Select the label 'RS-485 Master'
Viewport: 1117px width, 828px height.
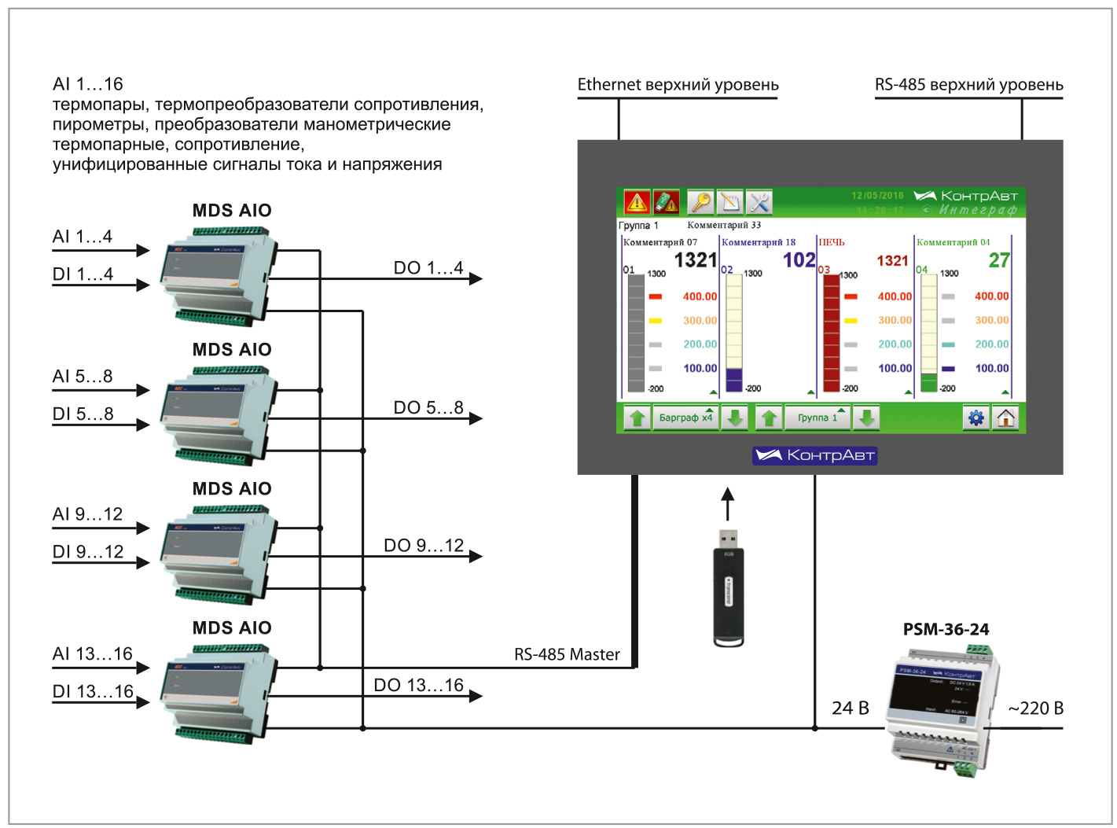(x=567, y=654)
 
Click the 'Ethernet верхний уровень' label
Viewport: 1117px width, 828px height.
(x=678, y=85)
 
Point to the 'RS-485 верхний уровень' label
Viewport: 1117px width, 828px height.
(x=968, y=85)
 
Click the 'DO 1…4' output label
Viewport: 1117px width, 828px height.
(x=428, y=268)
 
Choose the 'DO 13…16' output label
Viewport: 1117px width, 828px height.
(x=418, y=685)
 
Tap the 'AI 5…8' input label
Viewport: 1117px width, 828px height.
(x=83, y=377)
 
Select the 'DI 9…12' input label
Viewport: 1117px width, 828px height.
(x=88, y=552)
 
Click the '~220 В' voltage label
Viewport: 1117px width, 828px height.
(x=1035, y=708)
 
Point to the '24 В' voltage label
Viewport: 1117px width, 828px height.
(x=851, y=708)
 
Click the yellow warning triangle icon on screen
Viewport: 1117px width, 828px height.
(x=636, y=203)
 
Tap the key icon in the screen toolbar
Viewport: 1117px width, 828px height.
(x=700, y=203)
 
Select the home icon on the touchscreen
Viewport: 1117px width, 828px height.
(x=1006, y=418)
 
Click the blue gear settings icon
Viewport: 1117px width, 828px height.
(x=976, y=418)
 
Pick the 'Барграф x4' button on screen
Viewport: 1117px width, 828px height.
(x=685, y=418)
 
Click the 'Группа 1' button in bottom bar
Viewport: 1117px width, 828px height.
(x=818, y=418)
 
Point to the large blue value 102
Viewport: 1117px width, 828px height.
(x=799, y=260)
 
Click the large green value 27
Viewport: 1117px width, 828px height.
(x=999, y=260)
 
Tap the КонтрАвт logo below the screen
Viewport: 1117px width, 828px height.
(x=814, y=455)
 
